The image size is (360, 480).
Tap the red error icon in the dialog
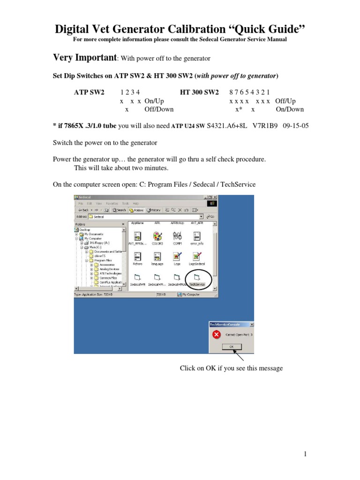pyautogui.click(x=216, y=335)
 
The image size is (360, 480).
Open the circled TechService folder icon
pyautogui.click(x=197, y=278)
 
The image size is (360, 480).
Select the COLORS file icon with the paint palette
pyautogui.click(x=157, y=236)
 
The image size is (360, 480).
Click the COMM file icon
pyautogui.click(x=177, y=236)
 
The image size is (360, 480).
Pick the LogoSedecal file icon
pyautogui.click(x=197, y=257)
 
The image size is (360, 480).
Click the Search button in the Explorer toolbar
pyautogui.click(x=119, y=210)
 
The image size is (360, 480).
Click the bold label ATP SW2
pyautogui.click(x=90, y=92)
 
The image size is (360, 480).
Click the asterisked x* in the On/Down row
pyautogui.click(x=238, y=109)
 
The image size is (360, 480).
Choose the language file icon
pyautogui.click(x=157, y=257)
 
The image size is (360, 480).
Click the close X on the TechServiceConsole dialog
pyautogui.click(x=251, y=324)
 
